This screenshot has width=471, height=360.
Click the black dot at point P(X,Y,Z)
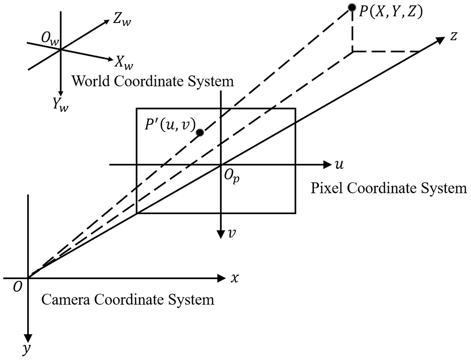point(352,8)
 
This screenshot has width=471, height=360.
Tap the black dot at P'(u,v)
point(200,133)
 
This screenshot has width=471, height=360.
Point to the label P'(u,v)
point(170,125)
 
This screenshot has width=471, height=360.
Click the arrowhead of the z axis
point(439,40)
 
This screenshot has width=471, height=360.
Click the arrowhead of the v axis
point(221,234)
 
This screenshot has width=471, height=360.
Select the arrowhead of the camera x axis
point(221,278)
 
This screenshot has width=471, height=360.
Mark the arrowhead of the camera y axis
point(28,339)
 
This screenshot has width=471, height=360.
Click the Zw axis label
point(122,20)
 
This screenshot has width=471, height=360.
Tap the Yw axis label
point(60,105)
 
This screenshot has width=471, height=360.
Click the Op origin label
point(232,177)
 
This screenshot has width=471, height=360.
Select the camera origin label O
point(18,287)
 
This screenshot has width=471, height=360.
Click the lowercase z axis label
point(454,36)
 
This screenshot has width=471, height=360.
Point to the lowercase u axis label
point(339,165)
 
